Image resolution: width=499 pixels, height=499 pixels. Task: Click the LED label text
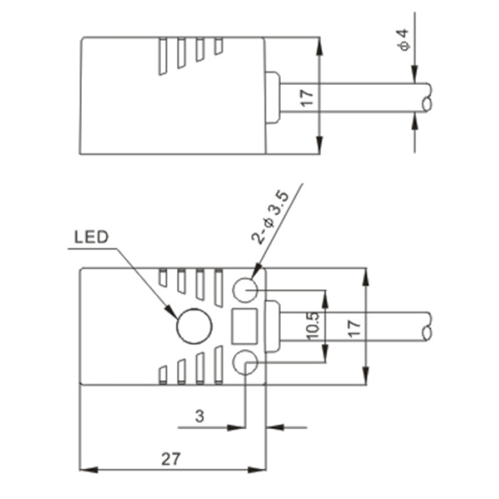point(91,237)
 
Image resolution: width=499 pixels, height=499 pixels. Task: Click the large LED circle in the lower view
point(194,326)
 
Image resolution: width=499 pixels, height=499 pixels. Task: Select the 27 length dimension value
point(171,459)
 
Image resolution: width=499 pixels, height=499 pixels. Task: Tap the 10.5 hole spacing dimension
point(312,326)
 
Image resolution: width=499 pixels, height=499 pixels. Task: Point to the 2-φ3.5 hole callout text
point(270,217)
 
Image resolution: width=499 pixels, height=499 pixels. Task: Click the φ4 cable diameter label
point(403,40)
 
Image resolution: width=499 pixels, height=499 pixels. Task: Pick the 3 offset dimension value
point(200,416)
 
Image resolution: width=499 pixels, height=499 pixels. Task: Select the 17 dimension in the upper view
point(307,98)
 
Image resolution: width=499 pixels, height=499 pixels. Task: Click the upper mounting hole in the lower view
point(245,290)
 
